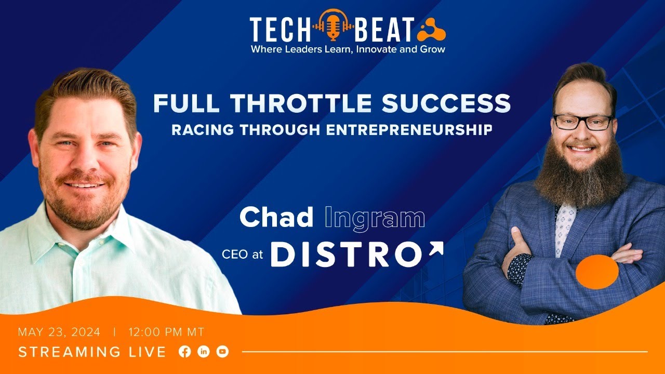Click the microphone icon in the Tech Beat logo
333,24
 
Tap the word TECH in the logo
280,30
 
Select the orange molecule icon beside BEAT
431,30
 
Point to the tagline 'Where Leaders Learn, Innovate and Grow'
348,49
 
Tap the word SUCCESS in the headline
446,104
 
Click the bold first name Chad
276,218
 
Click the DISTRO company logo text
347,255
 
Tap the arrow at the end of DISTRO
436,250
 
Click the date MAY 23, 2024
59,332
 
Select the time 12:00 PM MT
166,332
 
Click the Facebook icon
184,352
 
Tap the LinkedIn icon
204,352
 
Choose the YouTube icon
222,352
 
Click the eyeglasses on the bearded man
582,122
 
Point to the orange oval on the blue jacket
597,271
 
